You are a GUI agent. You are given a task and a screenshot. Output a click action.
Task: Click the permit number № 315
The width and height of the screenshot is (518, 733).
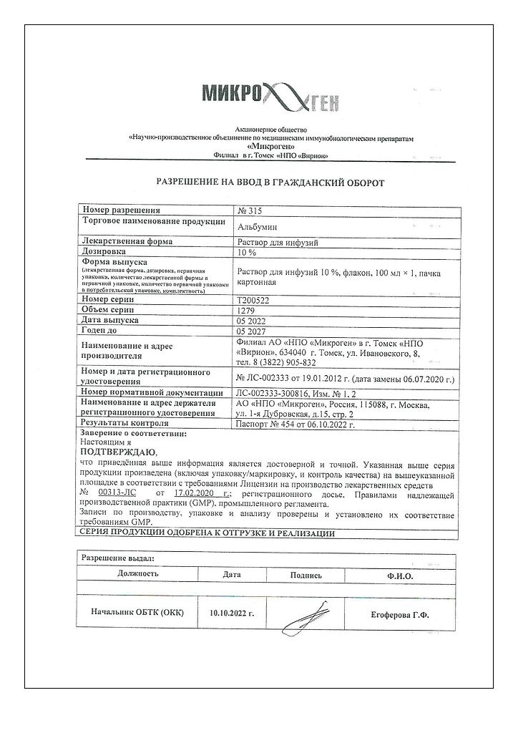tap(250, 210)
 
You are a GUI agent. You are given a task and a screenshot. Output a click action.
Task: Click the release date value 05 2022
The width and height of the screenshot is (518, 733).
tap(251, 321)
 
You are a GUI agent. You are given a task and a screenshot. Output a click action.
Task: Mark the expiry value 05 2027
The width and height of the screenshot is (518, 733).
tap(251, 333)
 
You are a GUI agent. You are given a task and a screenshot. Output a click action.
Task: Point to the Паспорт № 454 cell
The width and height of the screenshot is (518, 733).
tap(295, 424)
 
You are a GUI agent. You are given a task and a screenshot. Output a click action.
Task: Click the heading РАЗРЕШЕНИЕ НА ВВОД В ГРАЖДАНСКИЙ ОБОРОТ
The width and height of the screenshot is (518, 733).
tap(270, 183)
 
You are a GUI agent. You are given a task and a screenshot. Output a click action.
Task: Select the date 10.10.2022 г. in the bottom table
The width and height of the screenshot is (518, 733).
tap(232, 614)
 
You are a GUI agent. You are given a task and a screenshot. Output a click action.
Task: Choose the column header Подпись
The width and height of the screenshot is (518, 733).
tap(306, 575)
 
